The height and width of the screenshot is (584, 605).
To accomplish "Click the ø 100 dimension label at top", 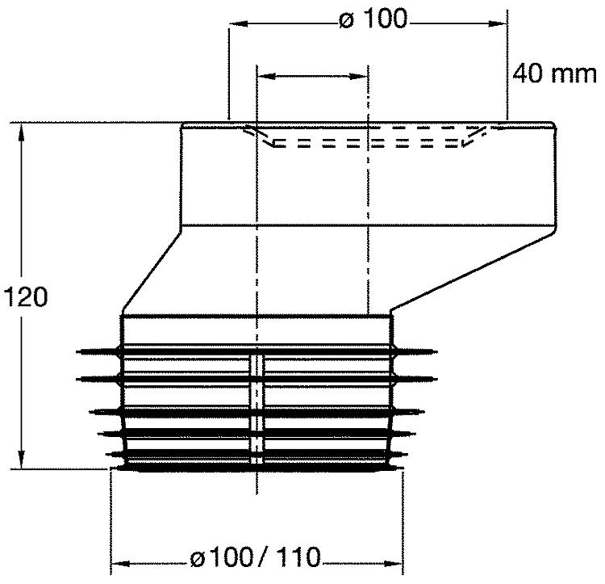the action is [373, 19].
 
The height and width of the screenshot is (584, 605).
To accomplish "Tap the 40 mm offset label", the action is [555, 74].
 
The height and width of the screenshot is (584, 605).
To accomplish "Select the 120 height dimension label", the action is [26, 296].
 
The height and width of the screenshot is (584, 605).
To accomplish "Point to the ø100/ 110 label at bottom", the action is [256, 557].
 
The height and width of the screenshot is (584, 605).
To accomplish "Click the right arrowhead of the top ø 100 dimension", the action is [497, 24].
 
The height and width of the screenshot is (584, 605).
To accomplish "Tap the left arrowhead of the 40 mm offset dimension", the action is [267, 76].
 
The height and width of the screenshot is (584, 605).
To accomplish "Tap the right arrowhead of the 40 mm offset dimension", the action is [359, 76].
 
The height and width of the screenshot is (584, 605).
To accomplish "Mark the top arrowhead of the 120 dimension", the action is [22, 132].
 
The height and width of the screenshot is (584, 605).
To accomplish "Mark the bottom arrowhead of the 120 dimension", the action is [22, 460].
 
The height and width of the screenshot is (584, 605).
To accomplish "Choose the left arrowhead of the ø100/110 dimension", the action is [120, 564].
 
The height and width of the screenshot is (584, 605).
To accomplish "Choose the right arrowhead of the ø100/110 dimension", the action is [394, 564].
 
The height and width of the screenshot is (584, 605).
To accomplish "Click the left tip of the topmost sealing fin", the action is [77, 351].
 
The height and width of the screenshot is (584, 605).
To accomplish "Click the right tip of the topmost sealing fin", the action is [436, 351].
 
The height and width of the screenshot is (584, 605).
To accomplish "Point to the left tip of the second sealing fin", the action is [77, 379].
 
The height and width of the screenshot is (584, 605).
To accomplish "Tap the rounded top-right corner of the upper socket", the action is [553, 125].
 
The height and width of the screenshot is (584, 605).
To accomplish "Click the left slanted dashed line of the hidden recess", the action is [258, 135].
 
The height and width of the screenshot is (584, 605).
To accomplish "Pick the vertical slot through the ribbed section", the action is [257, 409].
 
